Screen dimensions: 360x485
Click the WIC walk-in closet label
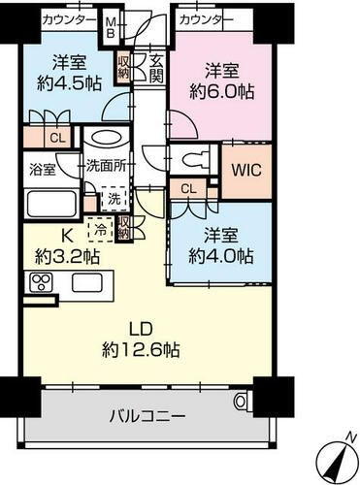(x=246, y=170)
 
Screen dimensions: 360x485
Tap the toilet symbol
(x=196, y=158)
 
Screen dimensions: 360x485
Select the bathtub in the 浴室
(x=51, y=205)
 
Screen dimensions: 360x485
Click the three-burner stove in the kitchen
(x=41, y=282)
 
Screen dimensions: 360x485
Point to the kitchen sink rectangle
(x=87, y=282)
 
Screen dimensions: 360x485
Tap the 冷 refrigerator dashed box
(x=101, y=230)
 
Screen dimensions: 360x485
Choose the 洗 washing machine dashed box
(x=114, y=199)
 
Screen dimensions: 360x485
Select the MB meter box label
(x=111, y=27)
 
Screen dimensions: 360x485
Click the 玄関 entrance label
(x=156, y=69)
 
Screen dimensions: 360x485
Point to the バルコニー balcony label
(x=147, y=415)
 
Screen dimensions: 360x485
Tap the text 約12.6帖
(x=141, y=349)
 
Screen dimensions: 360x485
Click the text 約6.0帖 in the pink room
(x=221, y=91)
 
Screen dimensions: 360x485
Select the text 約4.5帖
(x=69, y=83)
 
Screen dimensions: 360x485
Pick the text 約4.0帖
(x=221, y=256)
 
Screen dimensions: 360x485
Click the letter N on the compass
(x=349, y=437)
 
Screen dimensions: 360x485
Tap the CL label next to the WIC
(x=189, y=188)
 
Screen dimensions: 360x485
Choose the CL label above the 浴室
(x=57, y=138)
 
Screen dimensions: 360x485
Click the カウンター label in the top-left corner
(x=69, y=20)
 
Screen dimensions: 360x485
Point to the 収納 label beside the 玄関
(x=123, y=67)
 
